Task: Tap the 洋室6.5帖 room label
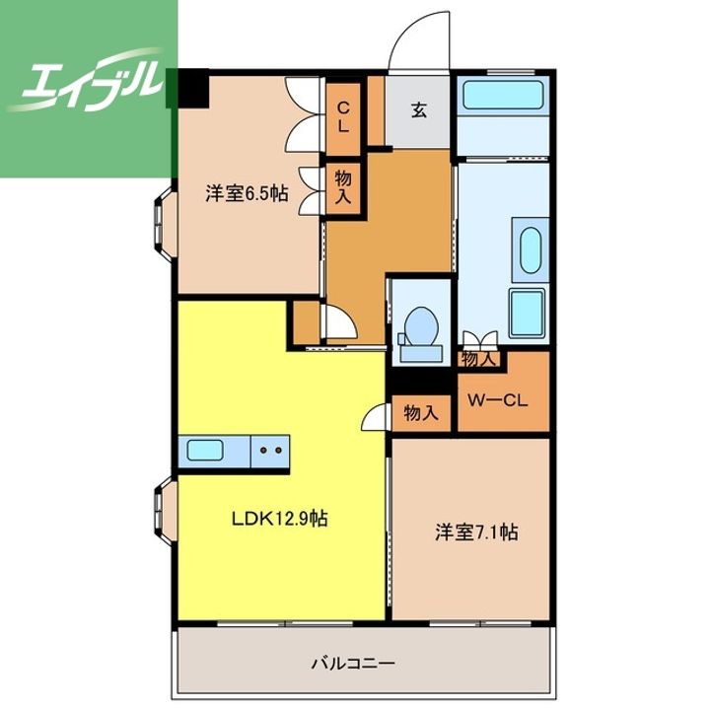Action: click(247, 194)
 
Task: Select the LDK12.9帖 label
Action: click(280, 519)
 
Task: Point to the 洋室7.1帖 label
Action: click(477, 532)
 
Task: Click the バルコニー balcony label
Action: click(353, 664)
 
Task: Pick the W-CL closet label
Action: click(498, 399)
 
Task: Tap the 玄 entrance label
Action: click(419, 110)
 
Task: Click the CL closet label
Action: click(344, 117)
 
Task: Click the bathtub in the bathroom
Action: click(503, 95)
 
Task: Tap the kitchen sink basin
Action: click(205, 451)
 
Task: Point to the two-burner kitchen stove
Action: click(270, 451)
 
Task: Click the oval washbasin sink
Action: click(531, 249)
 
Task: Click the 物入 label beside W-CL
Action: click(480, 360)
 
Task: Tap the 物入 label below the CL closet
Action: click(343, 188)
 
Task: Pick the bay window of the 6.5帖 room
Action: click(165, 225)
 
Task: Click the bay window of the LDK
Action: click(165, 511)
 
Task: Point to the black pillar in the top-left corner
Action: click(193, 89)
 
